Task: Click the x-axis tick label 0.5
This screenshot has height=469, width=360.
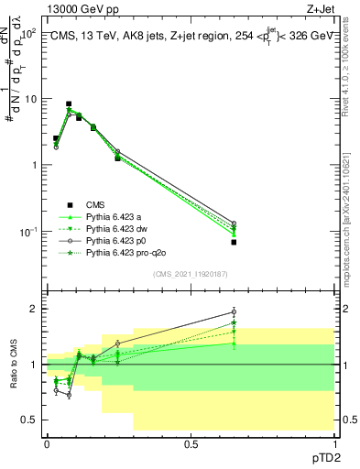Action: pyautogui.click(x=191, y=442)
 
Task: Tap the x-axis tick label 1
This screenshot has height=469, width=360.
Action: pyautogui.click(x=334, y=442)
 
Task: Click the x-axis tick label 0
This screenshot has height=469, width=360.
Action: pyautogui.click(x=47, y=442)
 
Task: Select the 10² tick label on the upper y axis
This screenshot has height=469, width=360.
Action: pyautogui.click(x=28, y=32)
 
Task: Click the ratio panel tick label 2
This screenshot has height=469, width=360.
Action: pyautogui.click(x=34, y=309)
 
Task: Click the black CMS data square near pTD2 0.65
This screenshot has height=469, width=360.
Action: pyautogui.click(x=234, y=242)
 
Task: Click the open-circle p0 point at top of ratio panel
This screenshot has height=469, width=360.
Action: pyautogui.click(x=234, y=312)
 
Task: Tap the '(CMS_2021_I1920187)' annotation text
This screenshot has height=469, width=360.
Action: pyautogui.click(x=190, y=274)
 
